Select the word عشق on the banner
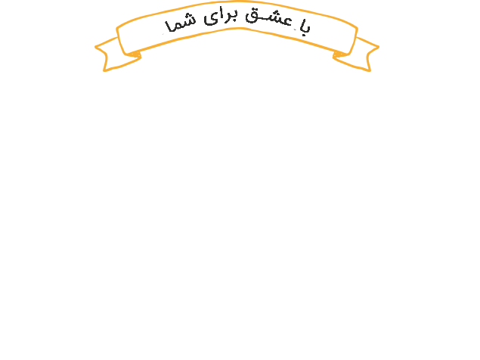(268, 17)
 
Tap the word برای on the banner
(220, 17)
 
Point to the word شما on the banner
(180, 24)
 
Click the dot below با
(304, 35)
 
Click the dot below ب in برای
(234, 20)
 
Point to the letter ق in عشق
(252, 17)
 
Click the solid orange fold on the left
(135, 54)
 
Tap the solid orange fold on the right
(339, 54)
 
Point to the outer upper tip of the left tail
(95, 47)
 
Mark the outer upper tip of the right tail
(379, 47)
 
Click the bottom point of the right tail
(370, 71)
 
